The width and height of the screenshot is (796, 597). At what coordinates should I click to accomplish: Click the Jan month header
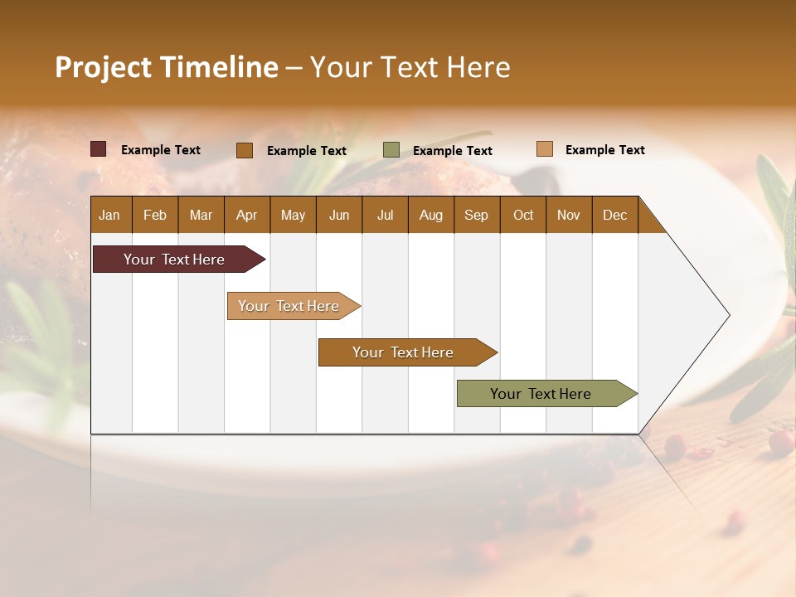point(109,215)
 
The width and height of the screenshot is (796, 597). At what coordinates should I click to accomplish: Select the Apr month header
point(246,215)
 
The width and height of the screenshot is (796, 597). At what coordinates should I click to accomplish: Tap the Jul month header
point(385,215)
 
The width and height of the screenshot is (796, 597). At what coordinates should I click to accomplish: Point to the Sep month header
point(476,215)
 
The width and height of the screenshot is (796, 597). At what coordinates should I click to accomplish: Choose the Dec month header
point(614,215)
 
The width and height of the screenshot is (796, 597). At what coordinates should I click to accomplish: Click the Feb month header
point(155,215)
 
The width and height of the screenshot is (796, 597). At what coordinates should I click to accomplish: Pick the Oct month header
point(523,215)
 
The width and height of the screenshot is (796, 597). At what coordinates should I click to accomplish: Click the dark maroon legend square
point(99,149)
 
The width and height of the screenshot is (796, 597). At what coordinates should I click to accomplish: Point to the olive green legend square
point(391,150)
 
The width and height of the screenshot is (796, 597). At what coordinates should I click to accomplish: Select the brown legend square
point(245,150)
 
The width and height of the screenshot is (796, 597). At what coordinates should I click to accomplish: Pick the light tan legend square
point(544,149)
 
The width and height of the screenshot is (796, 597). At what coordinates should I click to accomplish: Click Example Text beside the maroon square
point(161,150)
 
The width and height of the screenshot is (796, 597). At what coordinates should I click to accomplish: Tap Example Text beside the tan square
point(604,150)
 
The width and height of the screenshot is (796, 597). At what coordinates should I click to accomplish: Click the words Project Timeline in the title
point(167,67)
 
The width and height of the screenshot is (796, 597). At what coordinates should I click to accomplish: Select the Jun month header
point(339,215)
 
